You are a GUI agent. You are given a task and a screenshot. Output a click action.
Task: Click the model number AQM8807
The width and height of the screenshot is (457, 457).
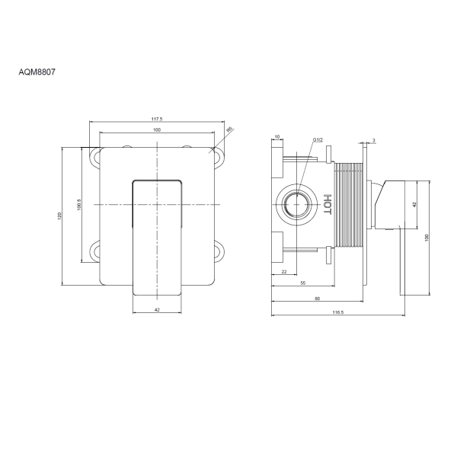[37, 72]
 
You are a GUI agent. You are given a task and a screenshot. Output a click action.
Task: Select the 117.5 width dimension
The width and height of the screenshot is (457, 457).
[157, 119]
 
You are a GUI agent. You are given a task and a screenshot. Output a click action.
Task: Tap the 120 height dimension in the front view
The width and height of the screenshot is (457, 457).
[59, 216]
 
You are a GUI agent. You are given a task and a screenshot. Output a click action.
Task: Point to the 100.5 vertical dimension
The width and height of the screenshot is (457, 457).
[79, 205]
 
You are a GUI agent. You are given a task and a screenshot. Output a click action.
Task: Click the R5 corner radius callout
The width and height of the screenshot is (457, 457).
[230, 129]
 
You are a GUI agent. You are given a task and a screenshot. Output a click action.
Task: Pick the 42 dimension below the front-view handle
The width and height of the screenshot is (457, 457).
[157, 310]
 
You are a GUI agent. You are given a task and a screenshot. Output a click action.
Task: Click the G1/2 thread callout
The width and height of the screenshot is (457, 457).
[318, 140]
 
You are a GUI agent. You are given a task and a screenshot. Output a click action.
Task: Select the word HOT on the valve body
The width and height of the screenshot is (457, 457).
[328, 204]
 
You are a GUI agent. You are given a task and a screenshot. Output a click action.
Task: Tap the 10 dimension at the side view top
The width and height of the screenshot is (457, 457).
[277, 136]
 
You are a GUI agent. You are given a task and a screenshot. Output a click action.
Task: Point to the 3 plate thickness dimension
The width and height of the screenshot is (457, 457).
[374, 140]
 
